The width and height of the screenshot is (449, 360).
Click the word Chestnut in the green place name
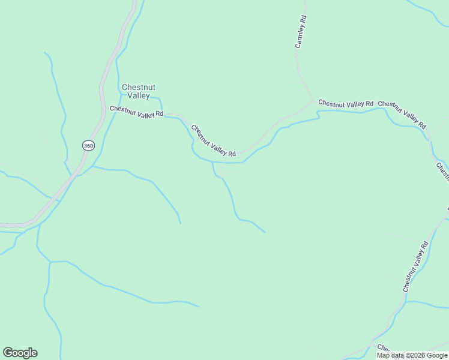click(139, 88)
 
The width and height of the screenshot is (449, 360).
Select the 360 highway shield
click(88, 146)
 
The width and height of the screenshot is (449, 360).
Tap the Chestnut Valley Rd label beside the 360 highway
click(136, 112)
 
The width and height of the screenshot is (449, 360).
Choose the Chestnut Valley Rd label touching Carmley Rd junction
click(346, 104)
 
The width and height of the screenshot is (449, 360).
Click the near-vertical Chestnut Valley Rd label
click(415, 266)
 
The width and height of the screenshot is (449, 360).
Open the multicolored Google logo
click(20, 353)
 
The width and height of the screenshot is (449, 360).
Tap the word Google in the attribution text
click(438, 356)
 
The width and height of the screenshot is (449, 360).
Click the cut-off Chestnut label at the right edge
click(443, 171)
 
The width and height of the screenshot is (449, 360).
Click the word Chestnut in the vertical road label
click(408, 283)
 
